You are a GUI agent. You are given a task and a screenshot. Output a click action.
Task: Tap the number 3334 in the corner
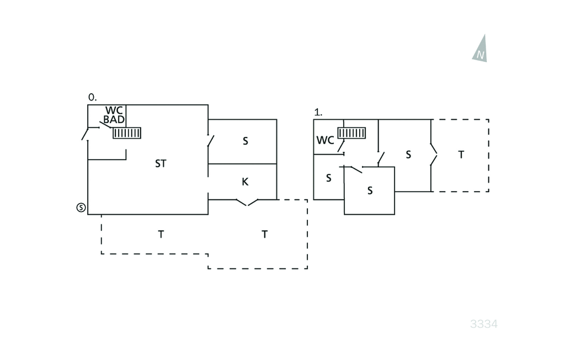coord(484,324)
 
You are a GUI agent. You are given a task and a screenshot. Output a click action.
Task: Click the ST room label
coord(161,163)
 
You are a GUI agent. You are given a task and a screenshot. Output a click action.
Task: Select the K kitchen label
coord(245,181)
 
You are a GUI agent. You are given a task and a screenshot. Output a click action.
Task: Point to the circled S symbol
coord(81,208)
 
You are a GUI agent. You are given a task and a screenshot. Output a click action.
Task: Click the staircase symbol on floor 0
coord(127,133)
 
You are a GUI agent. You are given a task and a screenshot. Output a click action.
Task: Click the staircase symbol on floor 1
coord(352,133)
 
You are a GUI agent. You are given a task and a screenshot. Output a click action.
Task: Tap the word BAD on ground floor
coord(114,119)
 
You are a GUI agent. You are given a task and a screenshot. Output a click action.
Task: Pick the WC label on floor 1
coord(325,140)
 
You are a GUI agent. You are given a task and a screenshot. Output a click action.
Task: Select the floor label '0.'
coord(92,97)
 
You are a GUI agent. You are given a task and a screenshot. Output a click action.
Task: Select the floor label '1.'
coord(318,112)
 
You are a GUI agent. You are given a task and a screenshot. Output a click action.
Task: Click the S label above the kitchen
coord(245,141)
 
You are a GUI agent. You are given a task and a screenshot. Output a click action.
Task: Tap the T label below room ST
coord(161,234)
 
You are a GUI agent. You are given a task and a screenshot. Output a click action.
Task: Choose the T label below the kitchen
coord(264,234)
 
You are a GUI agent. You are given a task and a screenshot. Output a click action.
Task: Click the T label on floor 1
coord(461,155)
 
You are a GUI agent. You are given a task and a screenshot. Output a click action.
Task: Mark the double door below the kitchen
coord(247,202)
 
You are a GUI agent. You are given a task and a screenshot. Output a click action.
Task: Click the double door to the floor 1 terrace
coord(433,155)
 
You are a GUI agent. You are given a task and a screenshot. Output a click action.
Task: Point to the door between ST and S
coord(209,141)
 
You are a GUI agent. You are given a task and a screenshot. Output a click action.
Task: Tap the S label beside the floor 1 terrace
coord(408,155)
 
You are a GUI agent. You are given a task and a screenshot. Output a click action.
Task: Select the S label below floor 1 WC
coord(328,178)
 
